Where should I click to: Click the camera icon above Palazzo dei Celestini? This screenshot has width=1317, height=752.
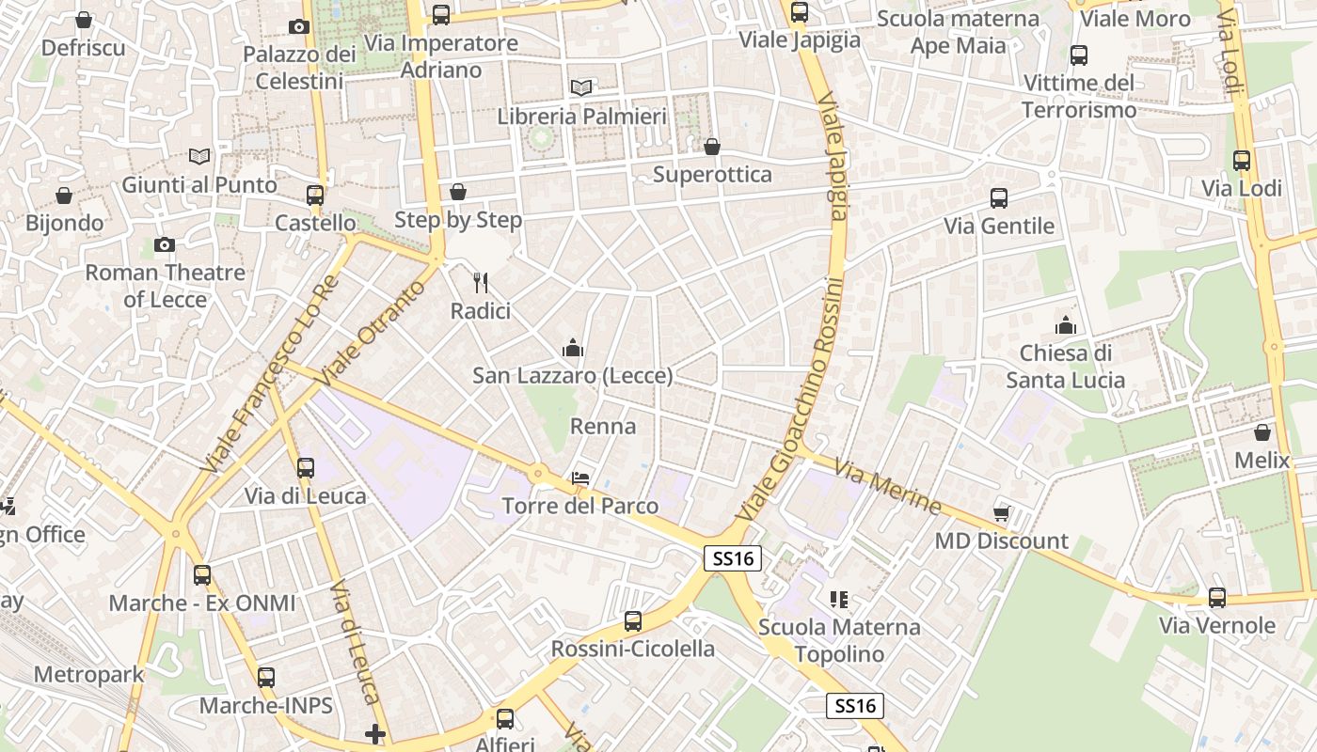point(299,26)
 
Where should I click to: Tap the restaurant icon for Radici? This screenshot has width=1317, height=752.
point(481,282)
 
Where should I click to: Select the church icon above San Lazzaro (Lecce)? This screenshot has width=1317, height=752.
point(573,349)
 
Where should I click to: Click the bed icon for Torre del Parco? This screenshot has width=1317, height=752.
point(580,478)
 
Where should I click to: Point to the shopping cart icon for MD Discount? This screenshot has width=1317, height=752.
point(1002,512)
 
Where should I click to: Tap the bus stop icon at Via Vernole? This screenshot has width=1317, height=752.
point(1217,598)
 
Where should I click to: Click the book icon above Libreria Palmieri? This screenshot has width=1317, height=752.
point(581,88)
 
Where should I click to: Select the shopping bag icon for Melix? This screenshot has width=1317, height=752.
point(1262,432)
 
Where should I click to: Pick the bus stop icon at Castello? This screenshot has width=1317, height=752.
point(315,196)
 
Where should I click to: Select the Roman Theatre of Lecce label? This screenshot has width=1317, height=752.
point(166,286)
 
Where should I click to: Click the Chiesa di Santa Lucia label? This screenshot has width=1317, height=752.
point(1066,367)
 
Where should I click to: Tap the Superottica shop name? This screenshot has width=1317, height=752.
point(712,174)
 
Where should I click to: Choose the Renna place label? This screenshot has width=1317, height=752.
point(603,426)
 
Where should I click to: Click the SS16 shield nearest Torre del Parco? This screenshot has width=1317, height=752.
point(733,558)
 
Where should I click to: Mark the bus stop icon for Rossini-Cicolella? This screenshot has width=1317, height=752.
point(633,621)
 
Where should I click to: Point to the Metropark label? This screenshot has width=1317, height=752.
point(89,674)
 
